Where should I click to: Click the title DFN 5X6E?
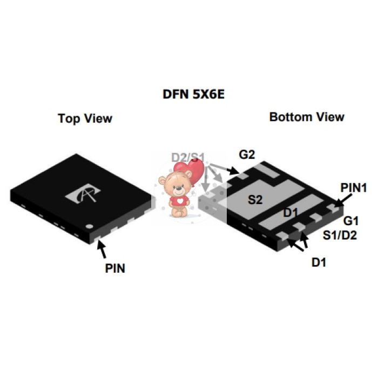coord(193,94)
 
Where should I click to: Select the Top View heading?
coord(85,118)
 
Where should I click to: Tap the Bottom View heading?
coord(307,117)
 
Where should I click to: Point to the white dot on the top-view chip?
coord(90,226)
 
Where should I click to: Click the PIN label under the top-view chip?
coord(115,268)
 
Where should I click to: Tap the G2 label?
coord(247,154)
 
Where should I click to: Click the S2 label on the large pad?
coord(255,200)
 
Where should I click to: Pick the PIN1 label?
coord(354,187)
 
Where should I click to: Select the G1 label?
coord(351,221)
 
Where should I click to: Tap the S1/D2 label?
coord(340,235)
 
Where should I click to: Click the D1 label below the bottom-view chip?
coord(319,262)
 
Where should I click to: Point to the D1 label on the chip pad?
coord(291,213)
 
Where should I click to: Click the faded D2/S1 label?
coord(188,158)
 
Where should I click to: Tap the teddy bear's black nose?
coord(178,188)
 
